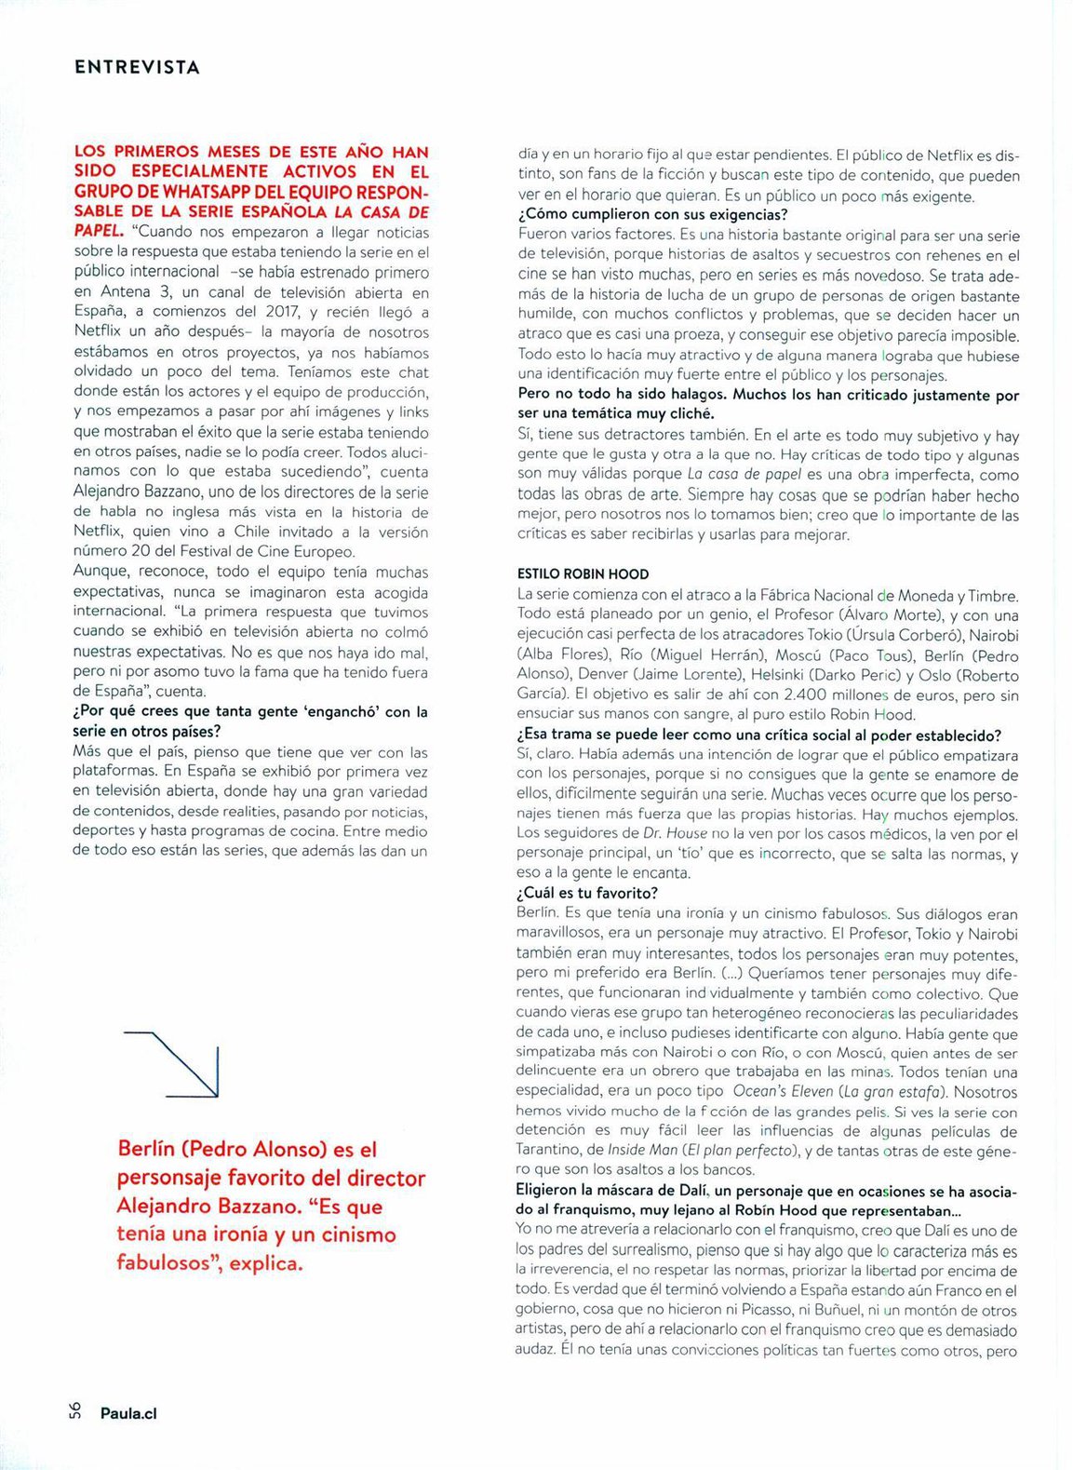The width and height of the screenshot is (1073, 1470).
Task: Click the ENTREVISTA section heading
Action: tap(137, 67)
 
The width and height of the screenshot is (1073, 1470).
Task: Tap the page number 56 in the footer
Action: tap(74, 1411)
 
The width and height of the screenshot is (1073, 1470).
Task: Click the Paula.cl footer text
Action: tap(128, 1413)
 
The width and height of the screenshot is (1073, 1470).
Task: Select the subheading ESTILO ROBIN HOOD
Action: tap(583, 574)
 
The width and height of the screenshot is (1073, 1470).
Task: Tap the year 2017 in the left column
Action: tap(281, 312)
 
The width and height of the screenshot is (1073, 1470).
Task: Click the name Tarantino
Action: tap(549, 1151)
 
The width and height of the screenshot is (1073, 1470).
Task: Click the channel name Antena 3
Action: tap(136, 292)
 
